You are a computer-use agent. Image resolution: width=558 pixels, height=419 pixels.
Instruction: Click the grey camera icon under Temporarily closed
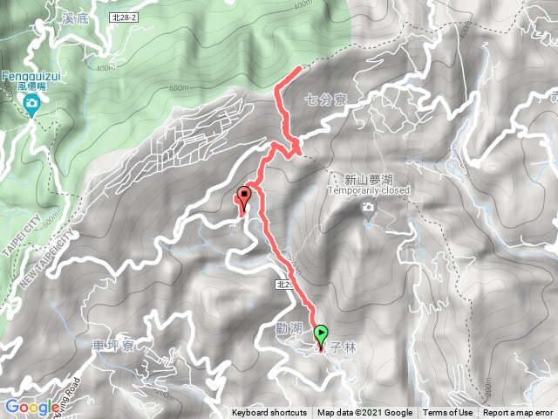click(369, 207)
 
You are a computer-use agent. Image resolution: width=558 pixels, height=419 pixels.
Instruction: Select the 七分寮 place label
click(327, 100)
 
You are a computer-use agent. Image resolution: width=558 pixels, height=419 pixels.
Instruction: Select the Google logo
click(31, 406)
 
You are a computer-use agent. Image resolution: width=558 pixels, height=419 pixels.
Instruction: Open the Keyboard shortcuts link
click(269, 413)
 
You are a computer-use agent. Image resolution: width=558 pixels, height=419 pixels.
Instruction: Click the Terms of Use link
click(448, 413)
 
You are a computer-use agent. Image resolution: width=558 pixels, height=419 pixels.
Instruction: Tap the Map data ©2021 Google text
click(364, 413)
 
